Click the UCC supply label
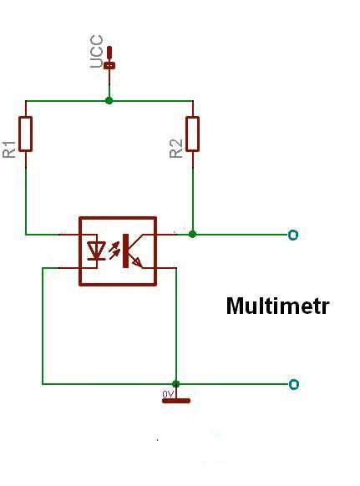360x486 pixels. (96, 52)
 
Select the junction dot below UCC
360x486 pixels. (109, 100)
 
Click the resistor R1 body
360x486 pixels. (25, 134)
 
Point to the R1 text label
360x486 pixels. (9, 149)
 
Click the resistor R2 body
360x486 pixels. (193, 134)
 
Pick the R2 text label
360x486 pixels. (176, 149)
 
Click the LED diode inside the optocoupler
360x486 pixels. (95, 251)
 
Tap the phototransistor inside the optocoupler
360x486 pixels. (134, 251)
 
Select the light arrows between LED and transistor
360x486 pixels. (114, 251)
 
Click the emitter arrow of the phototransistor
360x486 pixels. (137, 263)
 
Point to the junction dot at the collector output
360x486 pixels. (192, 234)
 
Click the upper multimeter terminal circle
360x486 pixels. (293, 235)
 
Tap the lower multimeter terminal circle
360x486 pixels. (294, 384)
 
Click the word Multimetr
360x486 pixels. (277, 306)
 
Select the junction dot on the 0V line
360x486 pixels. (175, 384)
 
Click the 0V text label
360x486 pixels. (168, 394)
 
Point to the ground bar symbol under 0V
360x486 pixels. (176, 401)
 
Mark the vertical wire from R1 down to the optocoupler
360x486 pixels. (25, 201)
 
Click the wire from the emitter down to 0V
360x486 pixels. (176, 326)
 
